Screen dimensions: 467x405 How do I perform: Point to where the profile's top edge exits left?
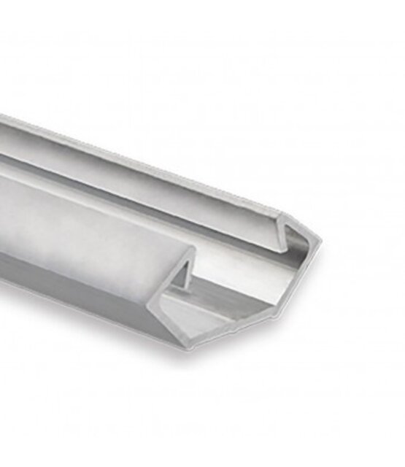pos(2,116)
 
